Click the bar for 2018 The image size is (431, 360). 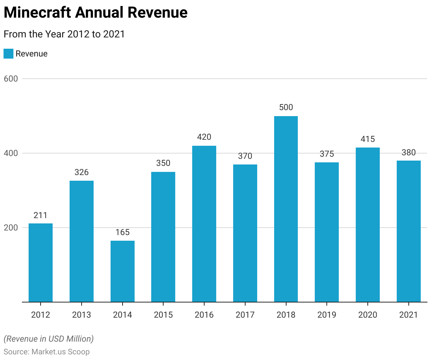286,209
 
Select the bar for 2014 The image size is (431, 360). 122,271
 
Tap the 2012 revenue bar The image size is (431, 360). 41,263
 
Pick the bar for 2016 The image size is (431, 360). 204,224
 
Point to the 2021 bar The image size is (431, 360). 408,231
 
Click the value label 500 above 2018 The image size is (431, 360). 286,107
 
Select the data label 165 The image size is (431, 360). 122,232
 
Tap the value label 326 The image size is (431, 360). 82,172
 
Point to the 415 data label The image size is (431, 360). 368,139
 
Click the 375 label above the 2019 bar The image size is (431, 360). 327,154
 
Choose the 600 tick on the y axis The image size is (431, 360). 11,79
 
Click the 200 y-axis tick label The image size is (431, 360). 11,228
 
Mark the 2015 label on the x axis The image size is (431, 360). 163,314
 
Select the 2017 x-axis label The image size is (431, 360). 245,314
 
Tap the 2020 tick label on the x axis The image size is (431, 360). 368,314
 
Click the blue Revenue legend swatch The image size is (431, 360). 8,54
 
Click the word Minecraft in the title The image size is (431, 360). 37,13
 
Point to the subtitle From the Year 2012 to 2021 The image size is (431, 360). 64,34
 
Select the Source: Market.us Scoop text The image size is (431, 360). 47,352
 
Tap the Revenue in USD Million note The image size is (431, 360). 49,339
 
